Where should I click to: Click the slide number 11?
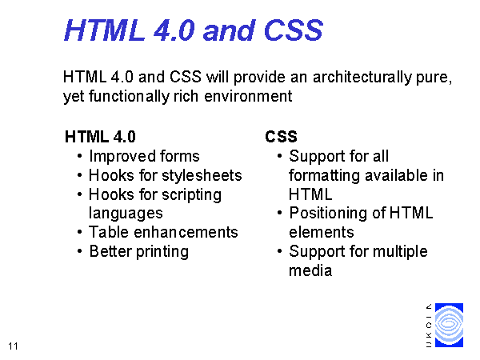pyautogui.click(x=13, y=346)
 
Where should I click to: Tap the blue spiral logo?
pyautogui.click(x=449, y=325)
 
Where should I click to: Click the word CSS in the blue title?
pyautogui.click(x=293, y=30)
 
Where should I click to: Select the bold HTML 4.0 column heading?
pyautogui.click(x=100, y=137)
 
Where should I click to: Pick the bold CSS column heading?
pyautogui.click(x=281, y=137)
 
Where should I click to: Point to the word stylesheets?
pyautogui.click(x=202, y=175)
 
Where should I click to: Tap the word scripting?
pyautogui.click(x=191, y=195)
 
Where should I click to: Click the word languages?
pyautogui.click(x=126, y=214)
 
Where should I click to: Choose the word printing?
pyautogui.click(x=162, y=252)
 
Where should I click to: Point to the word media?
pyautogui.click(x=310, y=270)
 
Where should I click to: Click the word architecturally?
pyautogui.click(x=362, y=78)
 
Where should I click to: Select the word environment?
pyautogui.click(x=248, y=97)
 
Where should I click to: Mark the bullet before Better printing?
pyautogui.click(x=80, y=252)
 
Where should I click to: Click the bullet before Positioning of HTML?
pyautogui.click(x=279, y=213)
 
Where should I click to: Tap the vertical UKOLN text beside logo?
pyautogui.click(x=429, y=325)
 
